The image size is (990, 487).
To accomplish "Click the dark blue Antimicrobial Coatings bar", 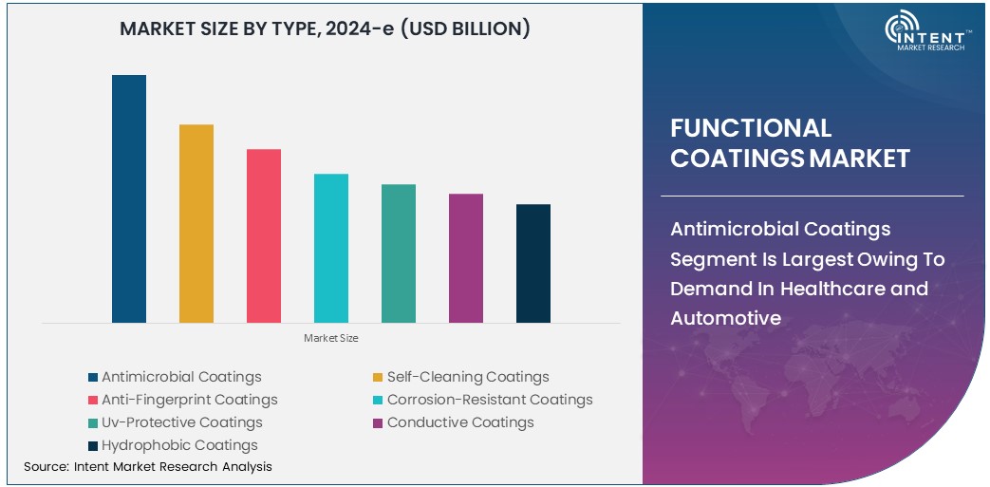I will click(129, 198).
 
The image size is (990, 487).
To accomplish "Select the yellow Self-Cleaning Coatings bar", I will click(196, 223).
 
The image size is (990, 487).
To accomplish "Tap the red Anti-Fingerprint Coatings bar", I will click(264, 235).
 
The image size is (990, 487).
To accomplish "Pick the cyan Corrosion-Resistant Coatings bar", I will click(331, 248).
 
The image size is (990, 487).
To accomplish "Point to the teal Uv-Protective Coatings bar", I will click(399, 253).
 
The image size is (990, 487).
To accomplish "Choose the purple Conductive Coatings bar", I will click(466, 258).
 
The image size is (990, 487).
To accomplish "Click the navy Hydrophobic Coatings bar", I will click(533, 263).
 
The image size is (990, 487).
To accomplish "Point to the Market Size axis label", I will click(331, 338).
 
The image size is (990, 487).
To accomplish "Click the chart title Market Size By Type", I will click(325, 29).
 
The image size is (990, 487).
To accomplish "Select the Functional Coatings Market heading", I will click(790, 142).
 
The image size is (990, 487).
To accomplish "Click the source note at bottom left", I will click(147, 466).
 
